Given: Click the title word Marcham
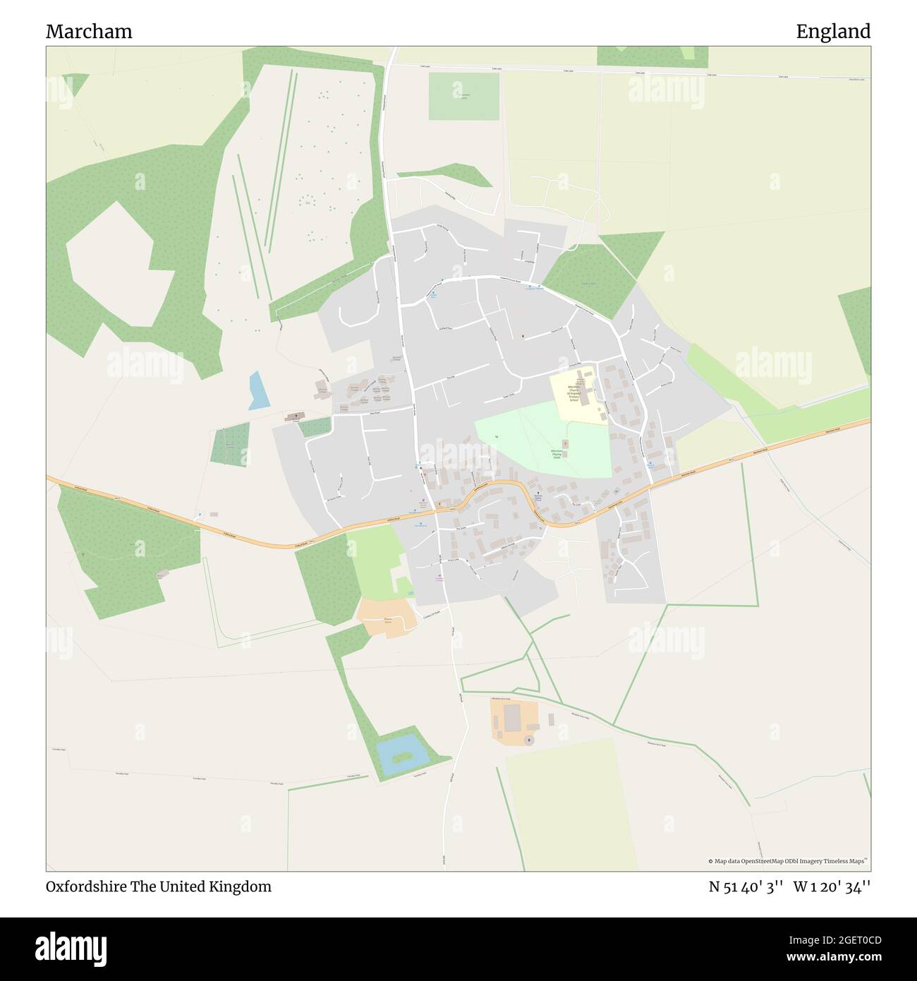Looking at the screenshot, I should click(x=89, y=32).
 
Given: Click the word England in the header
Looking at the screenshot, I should click(x=833, y=32).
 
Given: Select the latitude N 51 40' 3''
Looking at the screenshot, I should click(x=746, y=886).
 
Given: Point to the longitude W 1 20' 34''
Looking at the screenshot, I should click(x=832, y=886).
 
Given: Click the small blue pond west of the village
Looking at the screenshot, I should click(x=259, y=391).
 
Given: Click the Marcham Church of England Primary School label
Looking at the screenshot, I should click(x=574, y=393).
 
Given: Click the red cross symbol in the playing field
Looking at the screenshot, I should click(x=565, y=444).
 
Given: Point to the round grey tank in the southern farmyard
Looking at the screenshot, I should click(x=528, y=740).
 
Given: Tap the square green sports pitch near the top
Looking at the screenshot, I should click(x=463, y=95).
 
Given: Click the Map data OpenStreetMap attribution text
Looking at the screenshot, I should click(x=789, y=861).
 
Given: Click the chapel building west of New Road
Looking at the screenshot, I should click(x=293, y=417).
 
